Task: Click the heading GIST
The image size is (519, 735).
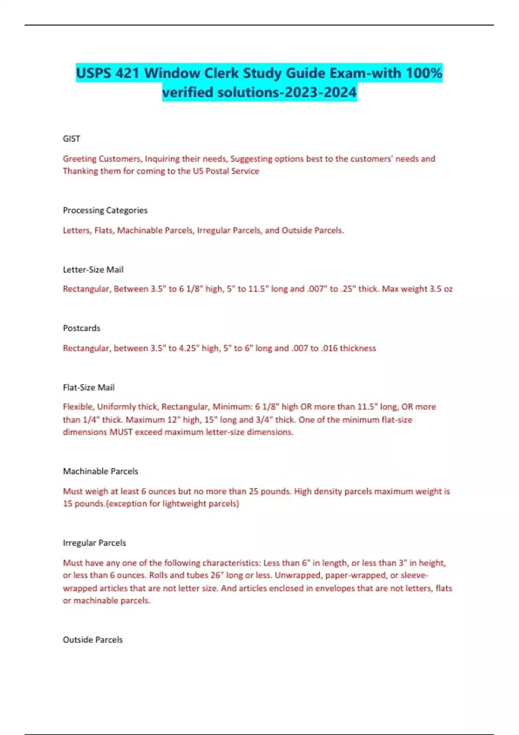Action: (71, 139)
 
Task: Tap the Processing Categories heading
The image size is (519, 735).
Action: (105, 211)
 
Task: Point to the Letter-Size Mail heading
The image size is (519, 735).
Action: (93, 270)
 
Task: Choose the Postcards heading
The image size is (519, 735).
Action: (81, 328)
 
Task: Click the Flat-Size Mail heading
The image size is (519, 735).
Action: (89, 387)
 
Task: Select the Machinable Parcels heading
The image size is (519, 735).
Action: (100, 471)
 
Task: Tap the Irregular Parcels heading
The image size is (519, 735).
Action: (94, 543)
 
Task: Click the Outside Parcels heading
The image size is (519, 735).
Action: (93, 640)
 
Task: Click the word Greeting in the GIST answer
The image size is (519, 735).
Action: (79, 159)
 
